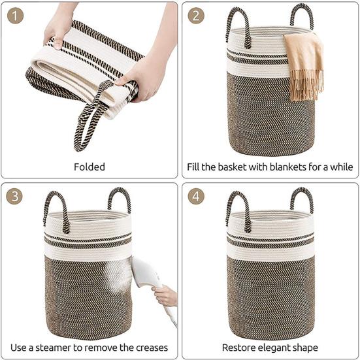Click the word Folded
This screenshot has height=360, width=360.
coord(90,167)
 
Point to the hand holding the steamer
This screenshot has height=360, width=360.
coord(164,295)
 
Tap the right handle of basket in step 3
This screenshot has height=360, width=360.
coord(120,199)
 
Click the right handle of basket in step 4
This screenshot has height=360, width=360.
coord(302,199)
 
